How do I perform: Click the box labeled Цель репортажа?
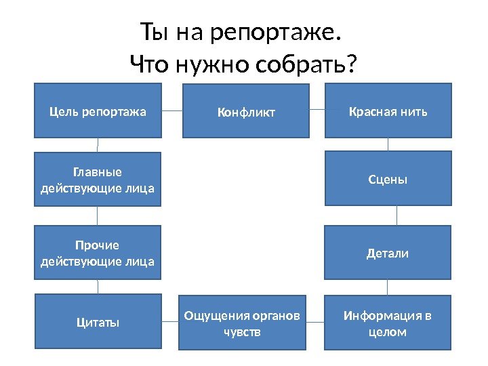coord(98,110)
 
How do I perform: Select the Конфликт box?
coord(246,111)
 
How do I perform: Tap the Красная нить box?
coord(388,110)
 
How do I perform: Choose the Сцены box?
coord(388,179)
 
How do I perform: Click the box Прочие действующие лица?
coord(98,253)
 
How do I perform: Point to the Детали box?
coord(388,253)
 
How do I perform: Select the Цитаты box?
coord(98,323)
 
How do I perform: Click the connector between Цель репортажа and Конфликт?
coord(172,110)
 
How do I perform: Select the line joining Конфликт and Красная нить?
coord(318,109)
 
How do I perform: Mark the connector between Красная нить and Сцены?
coord(388,144)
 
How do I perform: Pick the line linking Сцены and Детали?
coord(396,216)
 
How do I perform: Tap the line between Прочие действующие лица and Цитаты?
coord(98,287)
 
